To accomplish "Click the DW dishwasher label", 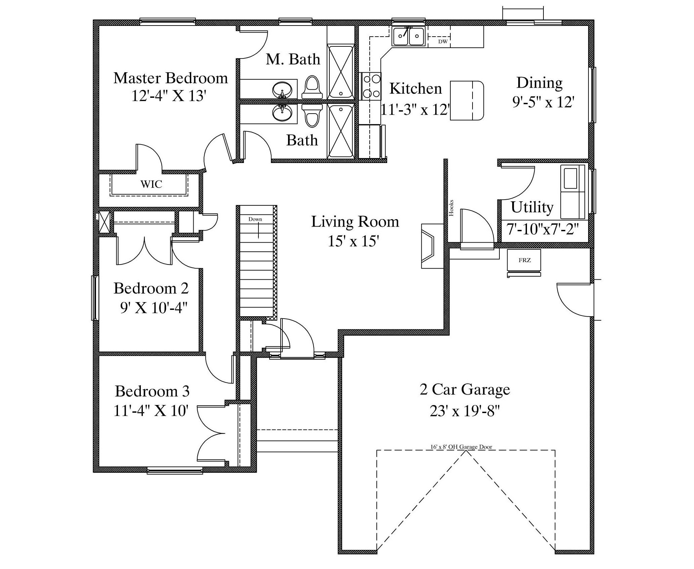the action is coord(443,42).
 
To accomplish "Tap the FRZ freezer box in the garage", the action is coord(524,260).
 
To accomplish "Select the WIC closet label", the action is coord(151,184).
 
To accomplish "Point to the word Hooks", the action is coord(451,208).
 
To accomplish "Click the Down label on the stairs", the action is coord(255,219).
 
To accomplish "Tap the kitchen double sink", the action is coord(408,36).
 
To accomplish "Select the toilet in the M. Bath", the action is coord(312,87).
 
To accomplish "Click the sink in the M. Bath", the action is coord(282,90).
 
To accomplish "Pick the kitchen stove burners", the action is coord(371,86).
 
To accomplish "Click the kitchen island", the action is coord(467,100).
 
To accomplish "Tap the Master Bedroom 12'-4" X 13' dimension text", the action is coord(168,96).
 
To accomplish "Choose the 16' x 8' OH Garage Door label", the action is coord(461,447).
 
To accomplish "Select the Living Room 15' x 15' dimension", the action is coord(354,241).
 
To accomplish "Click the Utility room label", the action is coord(532,207).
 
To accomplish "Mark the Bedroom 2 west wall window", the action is coord(95,298).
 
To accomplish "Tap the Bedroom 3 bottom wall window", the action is coord(175,471).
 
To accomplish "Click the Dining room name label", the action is coord(539,83).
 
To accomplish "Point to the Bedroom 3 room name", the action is coord(152,391).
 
